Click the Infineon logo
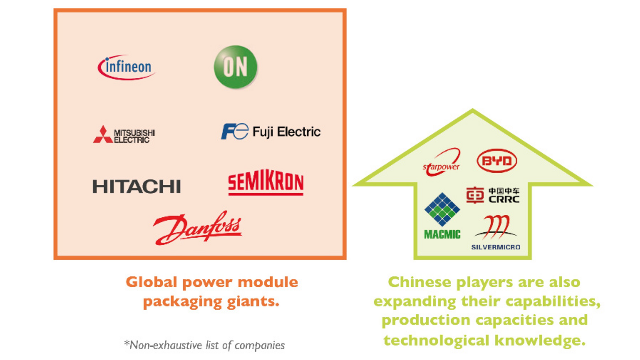pos(126,67)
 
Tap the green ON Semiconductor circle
pos(235,67)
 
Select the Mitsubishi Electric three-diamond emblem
pos(103,135)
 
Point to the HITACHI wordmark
pos(136,187)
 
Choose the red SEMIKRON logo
pos(266,184)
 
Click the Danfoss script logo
pos(197,228)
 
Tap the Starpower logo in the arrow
pos(441,162)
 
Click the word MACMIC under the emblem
pos(442,234)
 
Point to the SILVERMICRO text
pos(496,247)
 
